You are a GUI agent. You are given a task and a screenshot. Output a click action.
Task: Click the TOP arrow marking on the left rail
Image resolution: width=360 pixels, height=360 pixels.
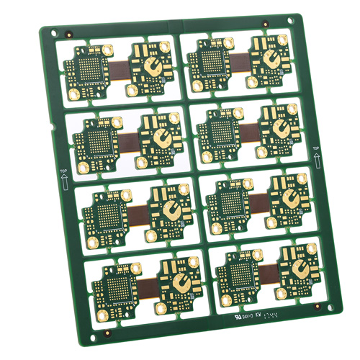(x=63, y=176)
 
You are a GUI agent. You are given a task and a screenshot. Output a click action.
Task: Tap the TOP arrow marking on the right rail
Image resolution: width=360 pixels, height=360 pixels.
(x=315, y=153)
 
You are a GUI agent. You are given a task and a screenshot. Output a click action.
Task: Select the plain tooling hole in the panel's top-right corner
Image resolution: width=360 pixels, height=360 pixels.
(x=291, y=19)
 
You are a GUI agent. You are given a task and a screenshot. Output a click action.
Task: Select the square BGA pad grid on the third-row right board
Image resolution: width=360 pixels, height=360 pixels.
(x=231, y=201)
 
